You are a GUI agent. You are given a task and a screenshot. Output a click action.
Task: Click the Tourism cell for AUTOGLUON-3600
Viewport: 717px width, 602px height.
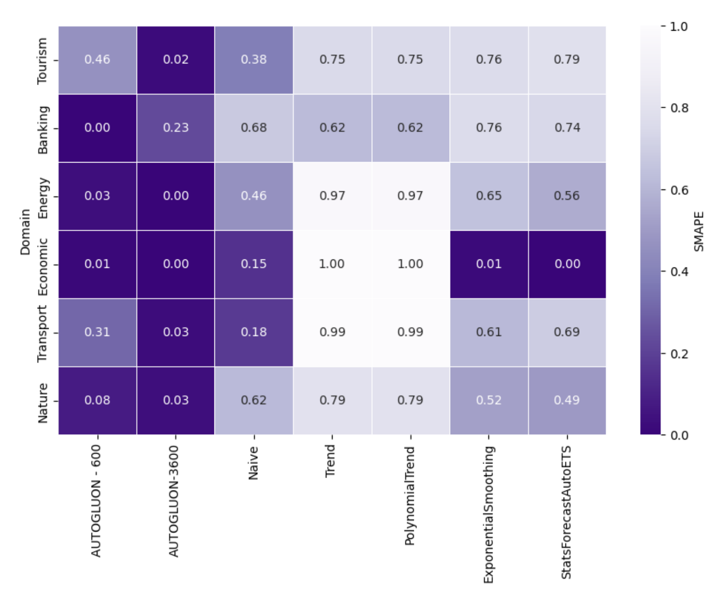point(176,60)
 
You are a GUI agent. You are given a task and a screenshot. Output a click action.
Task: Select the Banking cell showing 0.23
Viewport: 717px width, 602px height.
point(176,128)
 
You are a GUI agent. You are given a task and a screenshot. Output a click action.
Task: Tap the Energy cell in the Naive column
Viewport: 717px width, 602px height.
point(254,196)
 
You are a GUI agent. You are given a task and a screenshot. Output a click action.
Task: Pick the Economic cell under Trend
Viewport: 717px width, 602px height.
point(332,264)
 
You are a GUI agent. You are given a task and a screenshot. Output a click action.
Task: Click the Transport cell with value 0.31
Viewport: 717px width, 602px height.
point(97,332)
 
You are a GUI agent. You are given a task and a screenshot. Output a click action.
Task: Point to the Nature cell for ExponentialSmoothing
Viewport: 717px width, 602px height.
point(489,400)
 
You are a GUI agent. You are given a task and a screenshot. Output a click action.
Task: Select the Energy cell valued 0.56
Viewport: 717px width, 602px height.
point(567,196)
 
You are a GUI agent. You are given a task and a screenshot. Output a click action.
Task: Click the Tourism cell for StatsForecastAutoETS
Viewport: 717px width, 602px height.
point(567,60)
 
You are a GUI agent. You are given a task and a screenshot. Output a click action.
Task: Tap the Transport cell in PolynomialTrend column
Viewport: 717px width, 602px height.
point(410,332)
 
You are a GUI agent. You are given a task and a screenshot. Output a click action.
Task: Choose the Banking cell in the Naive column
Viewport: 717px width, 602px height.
point(254,128)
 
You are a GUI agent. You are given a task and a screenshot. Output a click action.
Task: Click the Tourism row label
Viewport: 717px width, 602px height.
point(43,61)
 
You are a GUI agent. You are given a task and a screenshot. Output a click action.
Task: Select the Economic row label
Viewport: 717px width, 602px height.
point(43,267)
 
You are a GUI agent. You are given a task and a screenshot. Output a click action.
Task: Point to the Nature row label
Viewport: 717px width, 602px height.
point(43,403)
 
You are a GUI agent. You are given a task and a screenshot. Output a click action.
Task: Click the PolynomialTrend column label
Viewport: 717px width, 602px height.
point(410,495)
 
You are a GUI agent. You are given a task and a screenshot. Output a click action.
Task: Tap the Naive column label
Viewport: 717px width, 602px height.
point(254,463)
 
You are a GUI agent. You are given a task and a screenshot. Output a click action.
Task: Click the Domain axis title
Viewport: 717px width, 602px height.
point(25,232)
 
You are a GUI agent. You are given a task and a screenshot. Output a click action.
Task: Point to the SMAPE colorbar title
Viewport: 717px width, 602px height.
point(699,231)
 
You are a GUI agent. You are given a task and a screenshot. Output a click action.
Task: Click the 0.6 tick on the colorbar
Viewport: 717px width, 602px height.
point(679,190)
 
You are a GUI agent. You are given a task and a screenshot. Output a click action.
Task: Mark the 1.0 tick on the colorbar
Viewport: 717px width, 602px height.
point(679,26)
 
